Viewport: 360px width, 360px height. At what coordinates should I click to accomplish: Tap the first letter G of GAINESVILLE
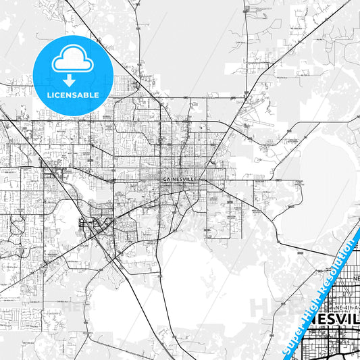pyautogui.click(x=164, y=179)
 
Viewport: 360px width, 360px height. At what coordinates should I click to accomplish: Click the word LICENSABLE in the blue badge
pyautogui.click(x=72, y=95)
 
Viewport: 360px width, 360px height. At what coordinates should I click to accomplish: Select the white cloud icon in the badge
pyautogui.click(x=72, y=59)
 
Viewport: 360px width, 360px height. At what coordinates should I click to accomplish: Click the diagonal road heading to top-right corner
pyautogui.click(x=290, y=61)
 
